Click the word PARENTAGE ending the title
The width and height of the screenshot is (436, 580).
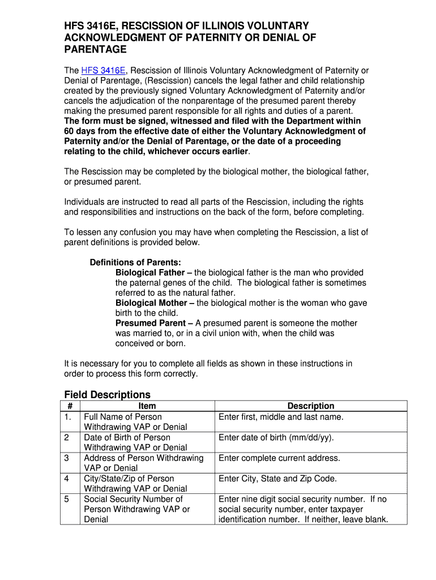click(x=95, y=50)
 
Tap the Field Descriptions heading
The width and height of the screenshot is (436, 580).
click(x=108, y=394)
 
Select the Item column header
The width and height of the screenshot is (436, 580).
click(x=147, y=406)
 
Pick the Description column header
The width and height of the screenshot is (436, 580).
click(x=310, y=406)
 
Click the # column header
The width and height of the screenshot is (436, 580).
click(x=70, y=406)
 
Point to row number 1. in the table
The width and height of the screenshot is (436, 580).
click(x=70, y=416)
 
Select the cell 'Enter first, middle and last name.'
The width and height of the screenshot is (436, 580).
click(x=281, y=416)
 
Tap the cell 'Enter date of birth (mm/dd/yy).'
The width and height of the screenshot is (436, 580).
click(x=276, y=437)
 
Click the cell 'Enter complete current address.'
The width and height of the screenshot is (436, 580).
click(x=279, y=458)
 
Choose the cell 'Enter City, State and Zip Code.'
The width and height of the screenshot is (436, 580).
click(x=277, y=479)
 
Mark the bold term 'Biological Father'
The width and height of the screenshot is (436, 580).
click(x=150, y=272)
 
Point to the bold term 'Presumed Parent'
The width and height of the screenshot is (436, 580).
click(x=150, y=323)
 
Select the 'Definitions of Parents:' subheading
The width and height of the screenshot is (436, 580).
click(x=135, y=262)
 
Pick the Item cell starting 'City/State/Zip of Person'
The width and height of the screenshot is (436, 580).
click(x=135, y=483)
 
